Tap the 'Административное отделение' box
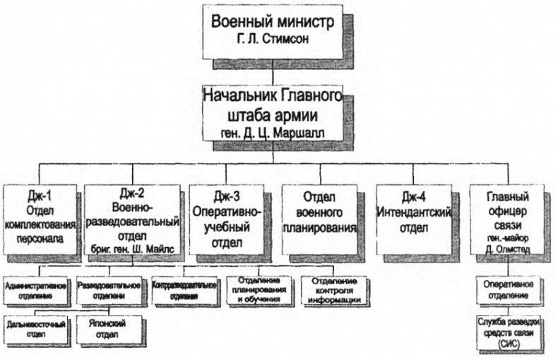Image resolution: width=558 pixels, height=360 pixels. pyautogui.click(x=35, y=292)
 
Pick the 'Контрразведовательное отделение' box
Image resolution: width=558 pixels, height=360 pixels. pyautogui.click(x=184, y=292)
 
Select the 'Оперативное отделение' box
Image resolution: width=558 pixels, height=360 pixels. pyautogui.click(x=507, y=292)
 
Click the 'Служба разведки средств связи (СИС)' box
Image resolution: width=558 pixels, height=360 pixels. pyautogui.click(x=507, y=332)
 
